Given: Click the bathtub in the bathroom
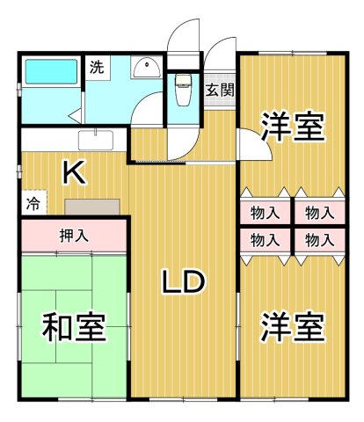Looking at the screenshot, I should (49, 71).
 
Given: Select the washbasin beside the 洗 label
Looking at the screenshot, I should (143, 68).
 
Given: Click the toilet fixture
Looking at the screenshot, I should (183, 87).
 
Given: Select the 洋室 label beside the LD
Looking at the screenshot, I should (292, 327).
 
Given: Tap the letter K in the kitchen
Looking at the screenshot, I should (73, 173).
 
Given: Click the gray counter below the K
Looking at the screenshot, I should (92, 206).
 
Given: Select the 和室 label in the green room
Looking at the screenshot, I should (75, 327).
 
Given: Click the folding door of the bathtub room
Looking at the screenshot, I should (76, 114).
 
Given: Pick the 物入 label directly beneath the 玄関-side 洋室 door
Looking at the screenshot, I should (265, 213).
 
